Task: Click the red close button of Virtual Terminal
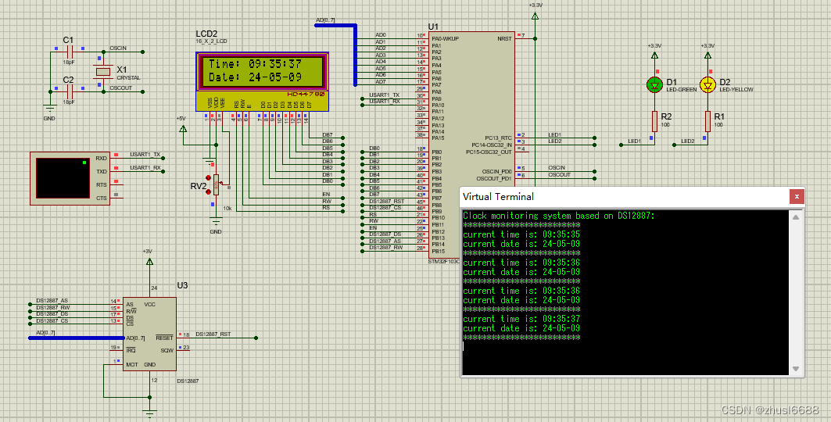796,197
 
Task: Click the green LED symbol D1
655,84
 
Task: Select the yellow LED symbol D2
707,84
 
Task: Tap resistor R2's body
655,120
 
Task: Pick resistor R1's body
707,120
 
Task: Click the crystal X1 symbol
102,72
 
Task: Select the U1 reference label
434,27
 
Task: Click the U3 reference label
182,285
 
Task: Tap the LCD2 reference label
206,34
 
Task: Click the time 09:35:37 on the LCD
275,64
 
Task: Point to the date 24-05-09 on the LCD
275,77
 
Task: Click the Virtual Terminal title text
497,197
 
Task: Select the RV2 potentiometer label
199,186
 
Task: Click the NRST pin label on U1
504,38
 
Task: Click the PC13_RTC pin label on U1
498,138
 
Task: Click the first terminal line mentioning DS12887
558,216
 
